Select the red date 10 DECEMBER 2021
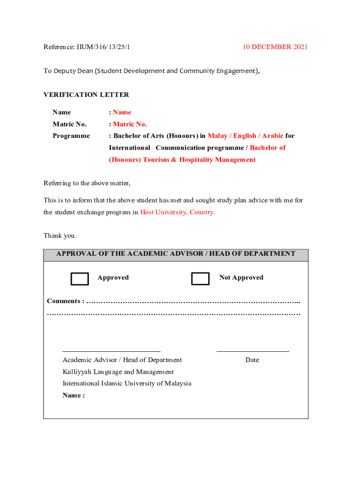(275, 47)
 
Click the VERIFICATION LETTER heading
(86, 94)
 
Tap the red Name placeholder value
(122, 112)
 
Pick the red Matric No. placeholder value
(130, 124)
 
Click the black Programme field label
(71, 136)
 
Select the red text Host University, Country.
(178, 212)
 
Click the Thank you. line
(60, 235)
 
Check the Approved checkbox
(79, 279)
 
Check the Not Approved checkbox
(200, 279)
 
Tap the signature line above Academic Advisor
(111, 351)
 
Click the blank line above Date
(252, 351)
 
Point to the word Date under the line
(252, 360)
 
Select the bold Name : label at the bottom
(73, 395)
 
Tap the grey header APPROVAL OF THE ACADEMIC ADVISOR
(176, 254)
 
